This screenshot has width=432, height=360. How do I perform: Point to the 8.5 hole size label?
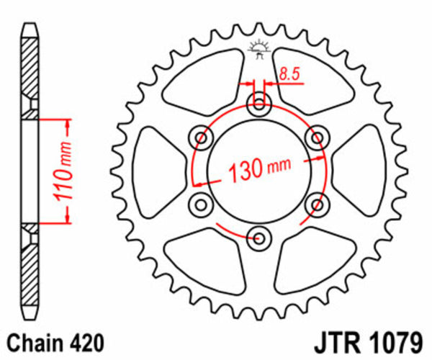pyautogui.click(x=289, y=73)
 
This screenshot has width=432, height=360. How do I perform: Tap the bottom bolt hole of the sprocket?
pyautogui.click(x=258, y=235)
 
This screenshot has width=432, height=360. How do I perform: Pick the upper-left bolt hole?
pyautogui.click(x=201, y=138)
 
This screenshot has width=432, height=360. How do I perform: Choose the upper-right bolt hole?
pyautogui.click(x=315, y=138)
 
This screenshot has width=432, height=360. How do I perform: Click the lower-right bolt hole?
pyautogui.click(x=315, y=204)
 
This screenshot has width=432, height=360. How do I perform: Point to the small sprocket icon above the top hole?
pyautogui.click(x=258, y=48)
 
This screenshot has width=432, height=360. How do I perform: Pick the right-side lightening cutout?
pyautogui.click(x=359, y=171)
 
